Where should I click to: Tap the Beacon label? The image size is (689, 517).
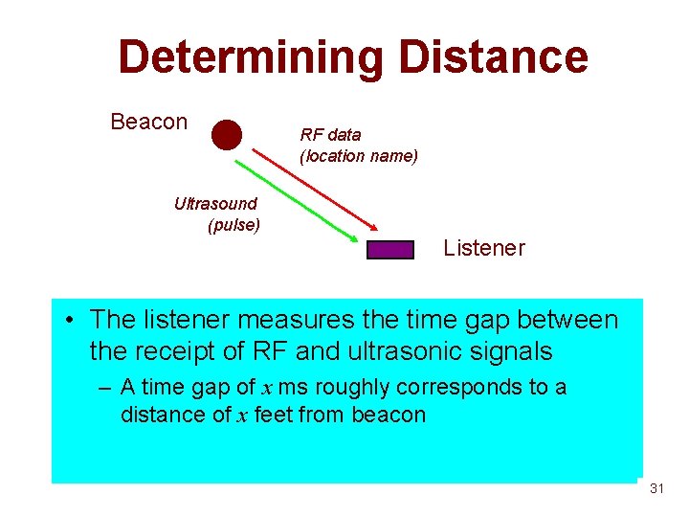(148, 123)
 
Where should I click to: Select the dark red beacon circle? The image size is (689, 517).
(227, 135)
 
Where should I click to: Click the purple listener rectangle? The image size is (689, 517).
(390, 250)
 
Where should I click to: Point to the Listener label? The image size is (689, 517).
(483, 248)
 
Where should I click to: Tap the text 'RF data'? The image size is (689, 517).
(330, 135)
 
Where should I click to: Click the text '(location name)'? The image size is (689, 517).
(359, 155)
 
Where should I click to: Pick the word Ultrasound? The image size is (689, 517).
(215, 203)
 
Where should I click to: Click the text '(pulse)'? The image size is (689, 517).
(233, 226)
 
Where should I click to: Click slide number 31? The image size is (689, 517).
(656, 488)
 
